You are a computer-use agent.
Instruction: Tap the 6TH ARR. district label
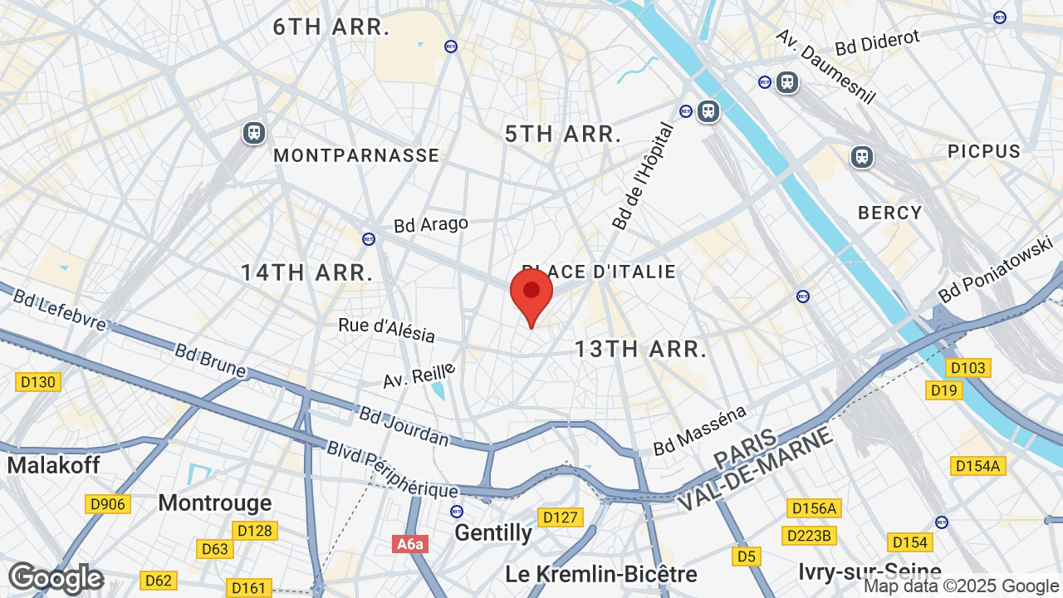(x=331, y=27)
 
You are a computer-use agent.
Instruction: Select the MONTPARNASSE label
(x=356, y=155)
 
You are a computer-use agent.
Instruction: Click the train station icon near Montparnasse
(x=253, y=133)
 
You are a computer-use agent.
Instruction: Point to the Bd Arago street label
(x=431, y=224)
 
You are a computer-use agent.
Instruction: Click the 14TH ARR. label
(x=306, y=272)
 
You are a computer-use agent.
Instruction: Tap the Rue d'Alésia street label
(x=386, y=328)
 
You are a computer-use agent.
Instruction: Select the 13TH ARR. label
(x=640, y=349)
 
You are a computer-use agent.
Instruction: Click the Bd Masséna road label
(x=699, y=430)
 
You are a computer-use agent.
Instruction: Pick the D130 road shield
(x=37, y=382)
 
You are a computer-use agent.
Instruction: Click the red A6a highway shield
(x=409, y=544)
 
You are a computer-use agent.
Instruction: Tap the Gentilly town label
(x=493, y=533)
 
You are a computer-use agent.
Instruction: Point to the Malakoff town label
(x=54, y=465)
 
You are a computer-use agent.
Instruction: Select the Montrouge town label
(x=214, y=502)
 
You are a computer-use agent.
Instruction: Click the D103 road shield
(x=967, y=368)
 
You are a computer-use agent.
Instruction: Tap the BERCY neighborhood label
(x=890, y=213)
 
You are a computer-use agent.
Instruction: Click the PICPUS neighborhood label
(x=984, y=151)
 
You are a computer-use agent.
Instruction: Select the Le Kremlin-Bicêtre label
(x=600, y=574)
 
